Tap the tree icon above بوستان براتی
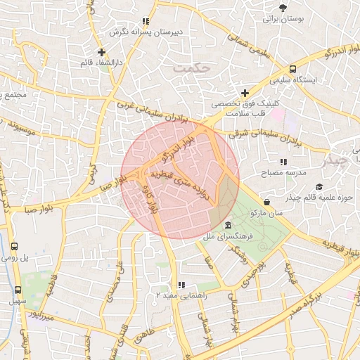(x=283, y=8)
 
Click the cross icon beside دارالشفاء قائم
(x=102, y=52)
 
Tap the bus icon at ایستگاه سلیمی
(x=292, y=69)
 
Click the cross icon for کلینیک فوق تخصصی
(x=245, y=94)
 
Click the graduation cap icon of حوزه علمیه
(x=319, y=186)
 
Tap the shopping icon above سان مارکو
(x=266, y=202)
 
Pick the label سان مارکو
(x=269, y=212)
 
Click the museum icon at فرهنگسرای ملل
(x=229, y=225)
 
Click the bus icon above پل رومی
(x=15, y=247)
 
